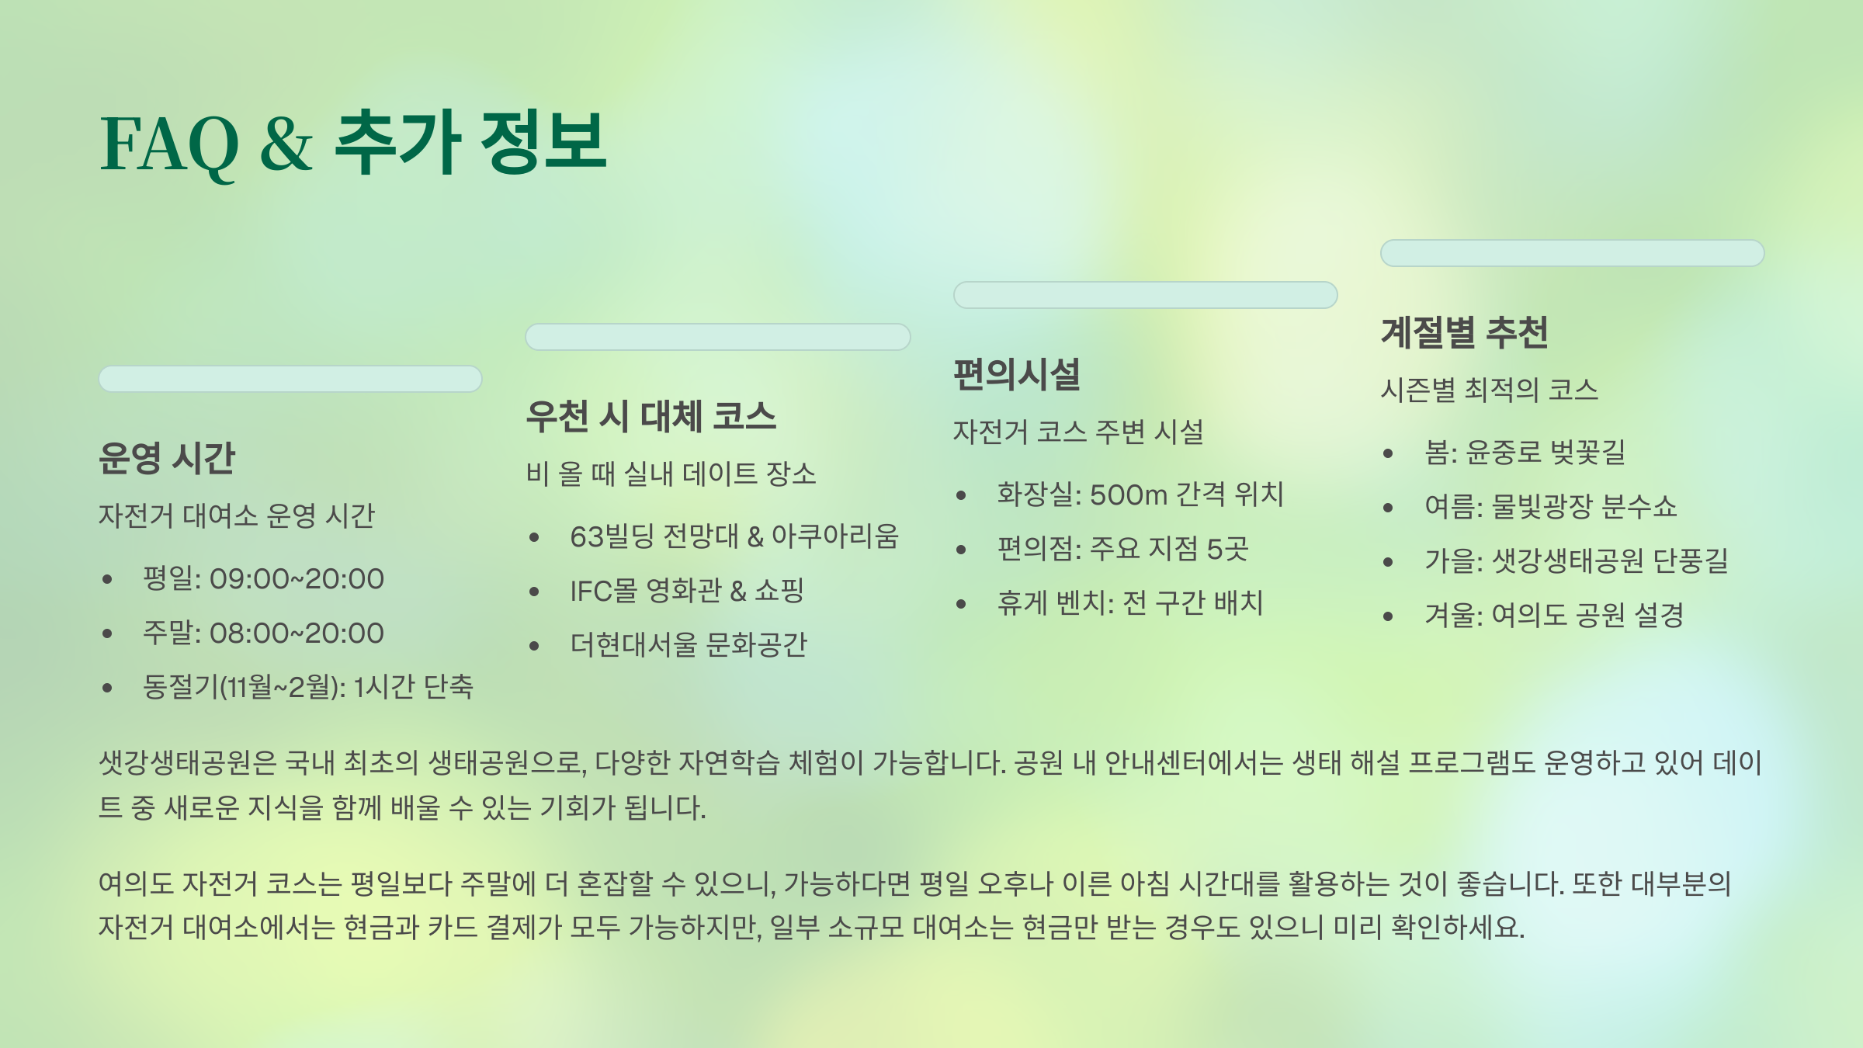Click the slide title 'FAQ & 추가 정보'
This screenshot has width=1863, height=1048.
coord(353,144)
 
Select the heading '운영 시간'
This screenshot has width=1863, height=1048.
coord(166,458)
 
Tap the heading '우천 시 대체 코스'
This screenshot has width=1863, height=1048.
coord(650,416)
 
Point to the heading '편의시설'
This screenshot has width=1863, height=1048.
coord(1017,374)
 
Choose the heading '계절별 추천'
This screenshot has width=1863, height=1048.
coord(1464,332)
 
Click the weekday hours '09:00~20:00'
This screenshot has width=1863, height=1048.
coord(297,579)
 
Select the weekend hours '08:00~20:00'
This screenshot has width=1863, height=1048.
coord(297,633)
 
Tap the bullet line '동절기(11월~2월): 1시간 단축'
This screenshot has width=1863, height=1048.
coord(307,687)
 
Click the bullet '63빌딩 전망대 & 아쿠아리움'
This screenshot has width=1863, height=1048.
coord(734,536)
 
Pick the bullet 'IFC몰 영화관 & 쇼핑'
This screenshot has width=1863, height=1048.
coord(686,591)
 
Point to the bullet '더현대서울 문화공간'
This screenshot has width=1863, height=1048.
coord(689,645)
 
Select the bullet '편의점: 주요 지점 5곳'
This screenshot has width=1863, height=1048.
coord(1122,549)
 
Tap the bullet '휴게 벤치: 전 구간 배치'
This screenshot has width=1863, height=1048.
coord(1130,603)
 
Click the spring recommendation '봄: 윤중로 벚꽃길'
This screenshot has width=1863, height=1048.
coord(1525,453)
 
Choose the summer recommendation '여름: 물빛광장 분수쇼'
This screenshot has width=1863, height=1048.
coord(1550,507)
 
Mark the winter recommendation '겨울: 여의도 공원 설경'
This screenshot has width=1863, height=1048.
coord(1554,616)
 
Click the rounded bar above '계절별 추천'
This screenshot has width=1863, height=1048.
coord(1572,253)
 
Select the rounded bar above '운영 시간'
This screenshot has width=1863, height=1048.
coord(290,379)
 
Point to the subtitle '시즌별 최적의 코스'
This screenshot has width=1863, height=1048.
coord(1489,390)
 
